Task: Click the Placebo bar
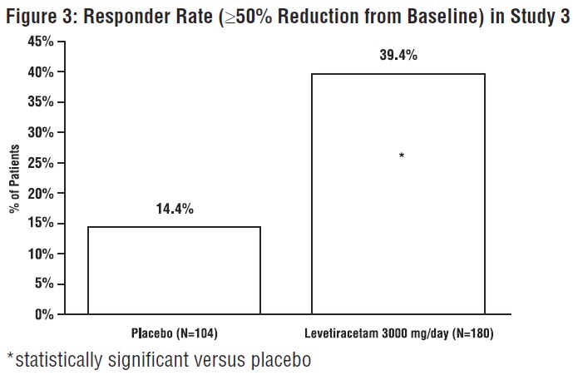coord(174,270)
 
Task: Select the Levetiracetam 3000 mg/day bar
coord(398,194)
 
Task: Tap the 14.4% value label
coord(175,209)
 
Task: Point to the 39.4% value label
coord(398,56)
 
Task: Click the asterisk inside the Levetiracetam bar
coord(402,156)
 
